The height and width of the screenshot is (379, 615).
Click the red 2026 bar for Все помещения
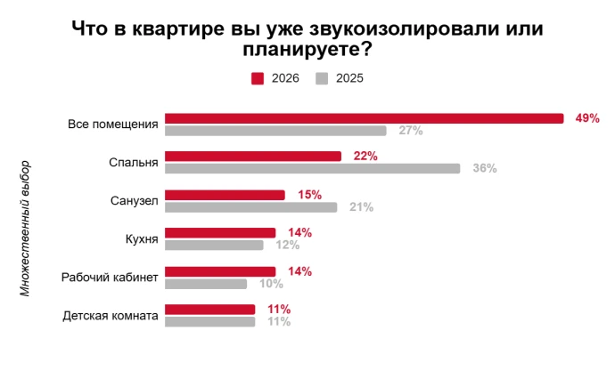click(365, 118)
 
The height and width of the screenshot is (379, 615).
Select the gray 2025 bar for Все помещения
click(276, 131)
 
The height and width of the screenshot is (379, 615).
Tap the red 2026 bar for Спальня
click(253, 157)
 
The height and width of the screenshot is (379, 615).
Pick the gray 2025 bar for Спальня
click(313, 168)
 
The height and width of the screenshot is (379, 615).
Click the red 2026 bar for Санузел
click(225, 195)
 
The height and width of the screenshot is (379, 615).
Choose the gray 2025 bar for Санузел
click(251, 207)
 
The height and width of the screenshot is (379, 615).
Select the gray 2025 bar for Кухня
click(215, 245)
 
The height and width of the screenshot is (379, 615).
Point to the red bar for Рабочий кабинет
click(221, 271)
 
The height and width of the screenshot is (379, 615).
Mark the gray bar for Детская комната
click(210, 321)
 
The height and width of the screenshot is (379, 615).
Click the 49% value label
click(587, 118)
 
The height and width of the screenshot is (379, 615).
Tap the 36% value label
click(485, 168)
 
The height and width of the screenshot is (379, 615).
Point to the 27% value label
click(411, 131)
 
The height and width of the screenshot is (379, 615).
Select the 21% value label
click(361, 207)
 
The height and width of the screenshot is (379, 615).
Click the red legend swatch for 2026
click(258, 78)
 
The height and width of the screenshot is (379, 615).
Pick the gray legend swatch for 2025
click(323, 78)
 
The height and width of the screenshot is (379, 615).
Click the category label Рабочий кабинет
click(110, 278)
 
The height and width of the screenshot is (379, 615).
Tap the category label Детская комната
click(111, 316)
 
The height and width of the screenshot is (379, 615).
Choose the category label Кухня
click(143, 239)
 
